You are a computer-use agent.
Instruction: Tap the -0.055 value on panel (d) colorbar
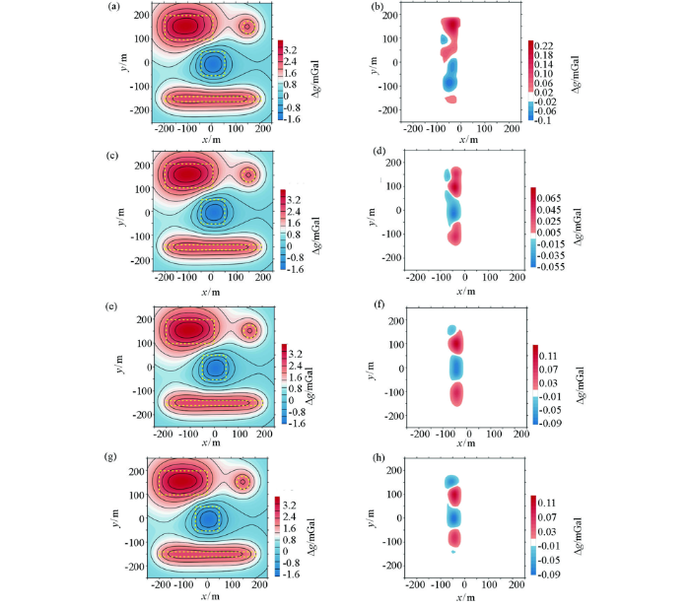coord(556,266)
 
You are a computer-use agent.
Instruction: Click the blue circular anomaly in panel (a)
coord(213,65)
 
